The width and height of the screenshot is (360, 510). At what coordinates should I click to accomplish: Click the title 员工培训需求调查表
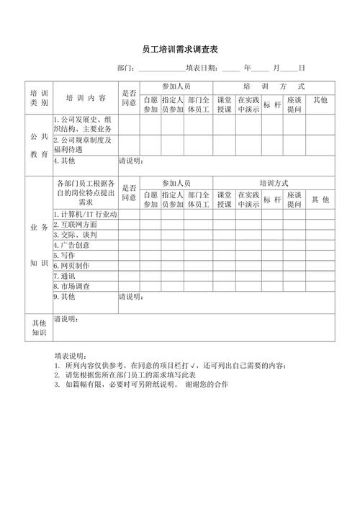[180, 50]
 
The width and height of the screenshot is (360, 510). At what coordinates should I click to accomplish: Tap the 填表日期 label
[202, 68]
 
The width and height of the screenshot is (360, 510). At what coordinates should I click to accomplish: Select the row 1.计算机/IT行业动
[85, 215]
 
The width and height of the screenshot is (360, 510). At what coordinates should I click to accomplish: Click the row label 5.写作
[65, 255]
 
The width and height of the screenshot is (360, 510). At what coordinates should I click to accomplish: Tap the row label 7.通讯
[65, 275]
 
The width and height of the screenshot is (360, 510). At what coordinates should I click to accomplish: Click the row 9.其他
[65, 296]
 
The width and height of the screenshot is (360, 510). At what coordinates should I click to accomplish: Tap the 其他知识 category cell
[39, 327]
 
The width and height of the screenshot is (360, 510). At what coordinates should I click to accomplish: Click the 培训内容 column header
[85, 98]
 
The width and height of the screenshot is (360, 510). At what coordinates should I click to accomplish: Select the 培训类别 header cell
[39, 98]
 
